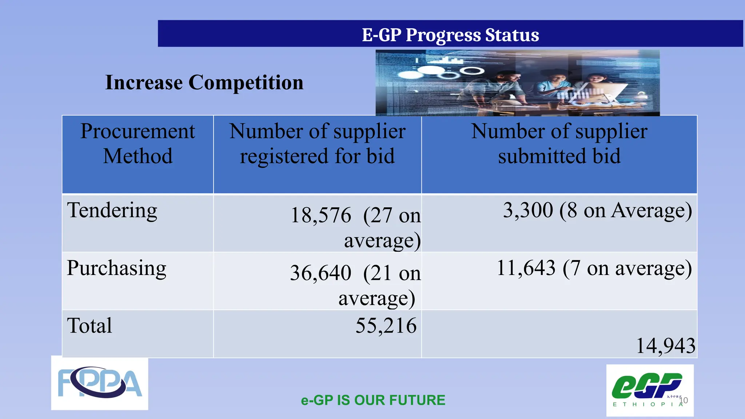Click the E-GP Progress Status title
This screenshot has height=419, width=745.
click(x=450, y=35)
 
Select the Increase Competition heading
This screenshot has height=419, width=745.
click(x=204, y=82)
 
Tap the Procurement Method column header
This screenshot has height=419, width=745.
click(x=138, y=143)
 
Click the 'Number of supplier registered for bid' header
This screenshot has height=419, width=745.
click(x=317, y=143)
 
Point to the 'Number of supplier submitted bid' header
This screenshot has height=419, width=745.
click(x=559, y=143)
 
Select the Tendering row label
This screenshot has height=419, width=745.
click(x=112, y=210)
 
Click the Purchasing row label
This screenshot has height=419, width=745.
click(x=116, y=268)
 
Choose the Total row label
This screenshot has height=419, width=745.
click(x=89, y=326)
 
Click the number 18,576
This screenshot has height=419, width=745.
click(x=321, y=215)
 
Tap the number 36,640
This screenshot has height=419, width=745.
click(x=320, y=273)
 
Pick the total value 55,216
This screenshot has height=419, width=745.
click(x=386, y=326)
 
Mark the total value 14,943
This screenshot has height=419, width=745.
click(x=666, y=346)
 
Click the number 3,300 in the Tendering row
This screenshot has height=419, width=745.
click(x=528, y=210)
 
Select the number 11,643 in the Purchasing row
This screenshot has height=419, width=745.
click(x=526, y=268)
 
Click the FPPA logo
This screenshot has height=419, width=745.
click(x=100, y=383)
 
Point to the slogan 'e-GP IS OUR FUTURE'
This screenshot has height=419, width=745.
click(x=373, y=400)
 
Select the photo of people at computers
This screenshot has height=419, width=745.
click(x=517, y=83)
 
